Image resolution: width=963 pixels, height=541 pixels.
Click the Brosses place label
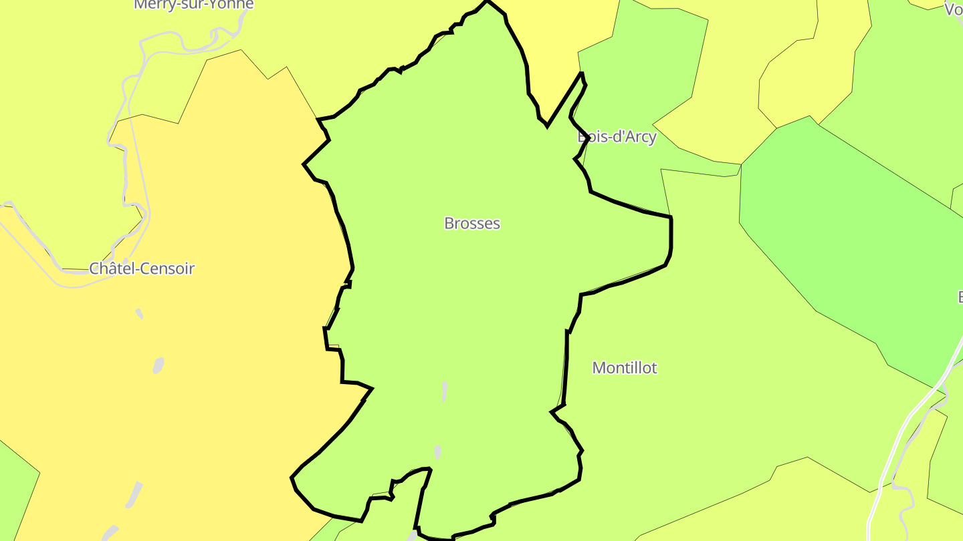pyautogui.click(x=472, y=223)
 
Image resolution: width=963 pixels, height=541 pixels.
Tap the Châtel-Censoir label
pyautogui.click(x=142, y=268)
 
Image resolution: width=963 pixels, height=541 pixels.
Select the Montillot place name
pyautogui.click(x=625, y=367)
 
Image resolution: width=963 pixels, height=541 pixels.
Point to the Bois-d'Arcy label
pyautogui.click(x=617, y=137)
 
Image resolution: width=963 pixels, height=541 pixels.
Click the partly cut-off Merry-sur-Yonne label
pyautogui.click(x=194, y=4)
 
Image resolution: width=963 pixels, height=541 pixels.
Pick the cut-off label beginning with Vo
pyautogui.click(x=954, y=9)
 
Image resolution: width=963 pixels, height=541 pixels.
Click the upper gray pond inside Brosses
pyautogui.click(x=444, y=391)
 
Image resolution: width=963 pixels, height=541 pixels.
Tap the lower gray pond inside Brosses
pyautogui.click(x=438, y=452)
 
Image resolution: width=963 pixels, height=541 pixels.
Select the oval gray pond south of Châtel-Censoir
pyautogui.click(x=158, y=365)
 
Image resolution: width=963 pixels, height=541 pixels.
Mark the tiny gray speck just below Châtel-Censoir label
pyautogui.click(x=139, y=313)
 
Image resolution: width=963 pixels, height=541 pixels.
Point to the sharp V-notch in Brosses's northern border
pyautogui.click(x=548, y=125)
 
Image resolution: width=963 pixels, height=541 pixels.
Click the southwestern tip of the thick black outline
pyautogui.click(x=292, y=478)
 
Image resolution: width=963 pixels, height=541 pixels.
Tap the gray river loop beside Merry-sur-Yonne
pyautogui.click(x=221, y=37)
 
